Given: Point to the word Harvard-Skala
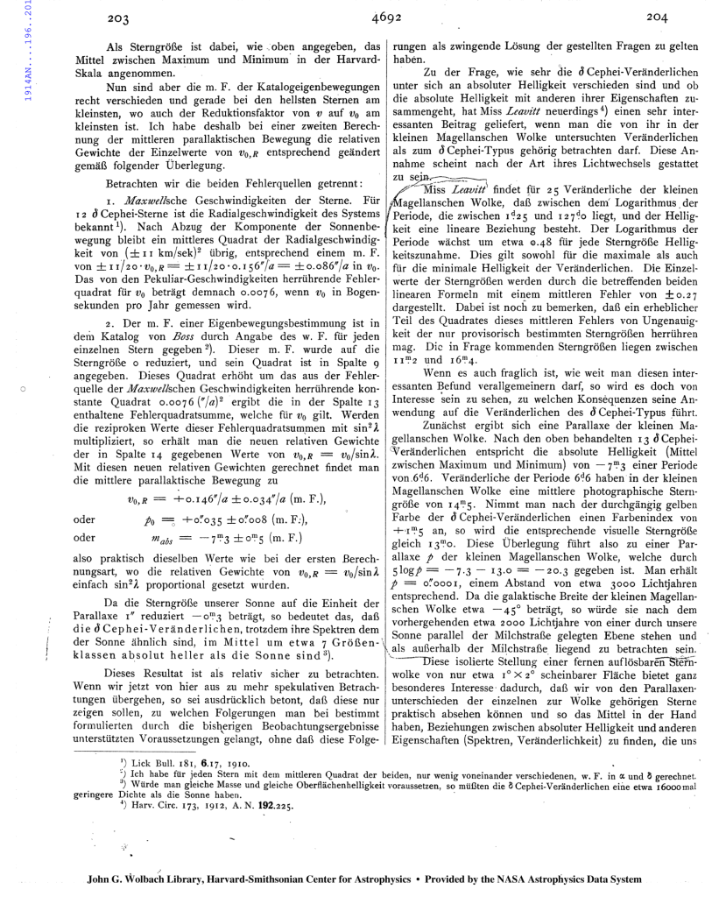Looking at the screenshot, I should (x=350, y=60).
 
